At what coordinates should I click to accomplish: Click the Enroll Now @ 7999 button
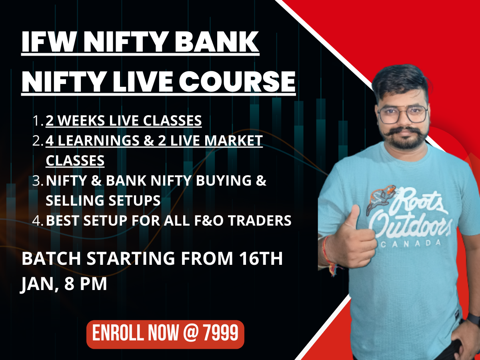coord(165,334)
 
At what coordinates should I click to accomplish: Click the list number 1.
coord(38,121)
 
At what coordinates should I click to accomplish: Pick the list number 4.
coord(38,221)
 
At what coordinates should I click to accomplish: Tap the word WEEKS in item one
coord(80,121)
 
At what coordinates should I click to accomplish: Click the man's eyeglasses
coord(402,114)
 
